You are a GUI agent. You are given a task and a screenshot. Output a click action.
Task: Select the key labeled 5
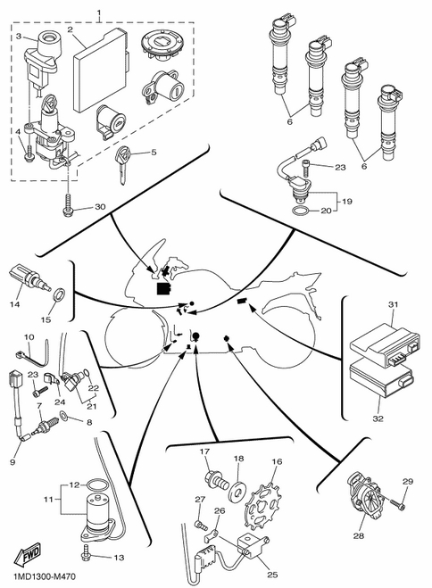(x=122, y=163)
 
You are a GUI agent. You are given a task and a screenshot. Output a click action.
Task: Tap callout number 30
(x=100, y=207)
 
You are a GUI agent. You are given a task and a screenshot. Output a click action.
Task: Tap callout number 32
(x=378, y=418)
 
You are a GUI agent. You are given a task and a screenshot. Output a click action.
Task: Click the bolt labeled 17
(x=217, y=481)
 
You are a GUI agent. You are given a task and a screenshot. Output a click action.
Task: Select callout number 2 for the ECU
(x=70, y=29)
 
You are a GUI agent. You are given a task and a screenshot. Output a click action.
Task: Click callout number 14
(x=14, y=304)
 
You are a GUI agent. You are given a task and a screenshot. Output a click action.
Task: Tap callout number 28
(x=359, y=535)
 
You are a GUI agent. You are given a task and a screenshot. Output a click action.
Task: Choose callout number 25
(x=272, y=575)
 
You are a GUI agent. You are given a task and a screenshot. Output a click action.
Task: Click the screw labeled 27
(x=201, y=525)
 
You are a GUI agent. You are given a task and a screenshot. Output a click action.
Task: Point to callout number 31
(x=393, y=304)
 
